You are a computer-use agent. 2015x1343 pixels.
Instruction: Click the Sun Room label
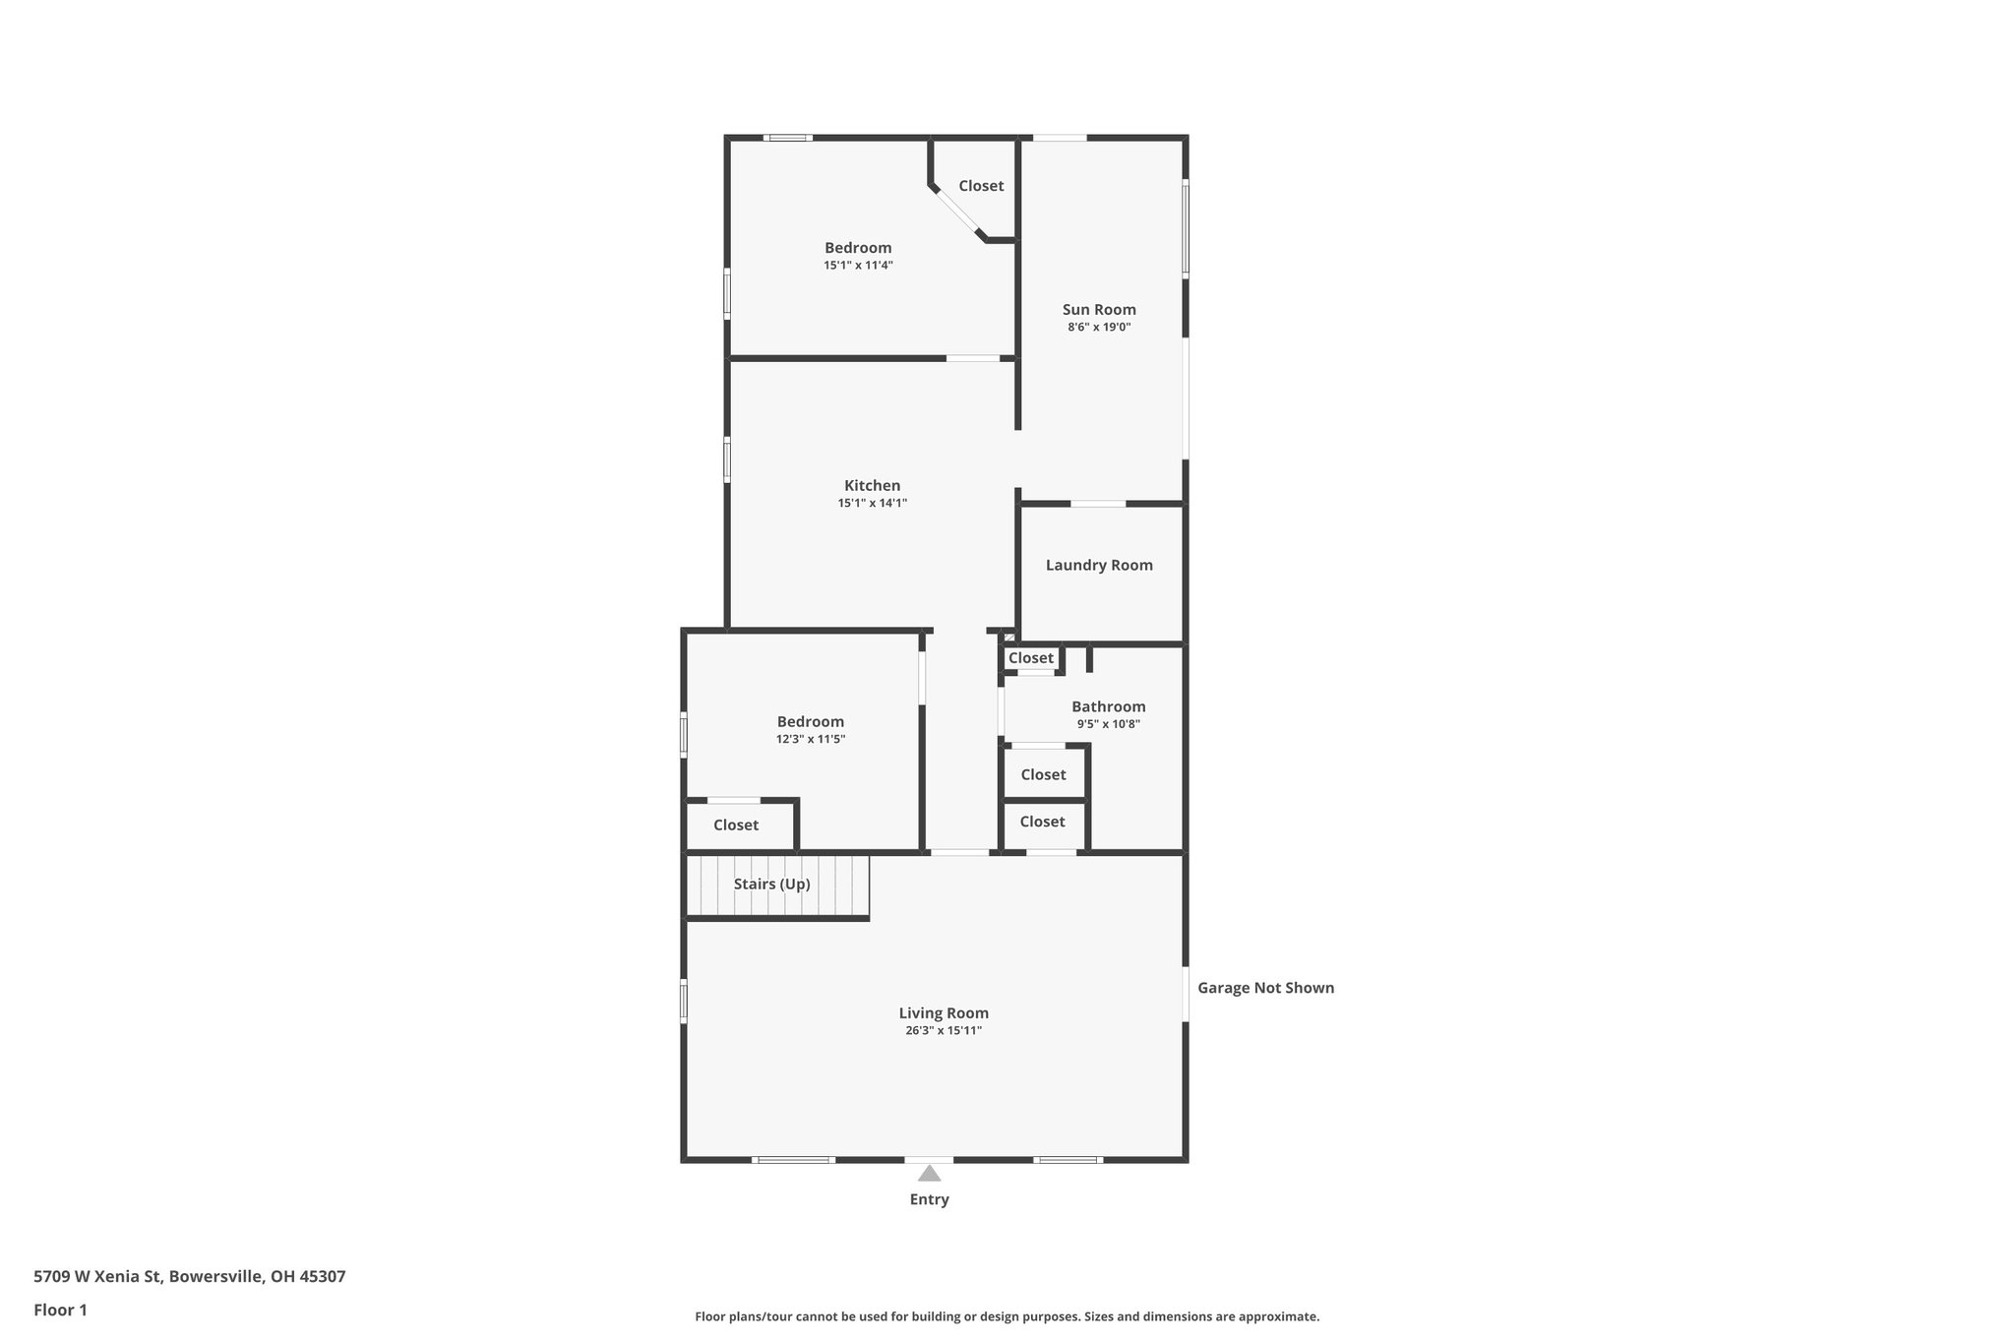tap(1098, 309)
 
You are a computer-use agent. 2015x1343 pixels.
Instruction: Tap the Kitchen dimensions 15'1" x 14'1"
tap(872, 503)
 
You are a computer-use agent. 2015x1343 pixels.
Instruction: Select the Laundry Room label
tap(1098, 565)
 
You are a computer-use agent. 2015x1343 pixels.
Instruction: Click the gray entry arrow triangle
tap(929, 1173)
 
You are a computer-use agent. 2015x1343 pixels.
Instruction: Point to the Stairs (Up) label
tap(771, 884)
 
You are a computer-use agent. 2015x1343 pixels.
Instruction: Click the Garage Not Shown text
tap(1265, 988)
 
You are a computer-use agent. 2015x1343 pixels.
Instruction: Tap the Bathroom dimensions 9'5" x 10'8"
tap(1108, 724)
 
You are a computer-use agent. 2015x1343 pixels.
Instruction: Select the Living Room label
tap(943, 1012)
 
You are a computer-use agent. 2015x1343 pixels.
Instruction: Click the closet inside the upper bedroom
tap(981, 186)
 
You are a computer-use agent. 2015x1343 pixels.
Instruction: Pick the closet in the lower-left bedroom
tap(736, 824)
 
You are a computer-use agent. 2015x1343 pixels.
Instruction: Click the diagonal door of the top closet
tap(955, 212)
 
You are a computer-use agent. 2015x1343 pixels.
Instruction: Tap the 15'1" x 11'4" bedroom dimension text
tap(858, 266)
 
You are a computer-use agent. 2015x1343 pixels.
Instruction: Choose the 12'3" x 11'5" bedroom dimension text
tap(810, 739)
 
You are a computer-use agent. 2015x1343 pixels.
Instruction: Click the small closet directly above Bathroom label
tap(1030, 658)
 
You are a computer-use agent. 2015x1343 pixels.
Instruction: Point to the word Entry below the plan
tap(929, 1199)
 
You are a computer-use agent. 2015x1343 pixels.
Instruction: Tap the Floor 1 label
tap(60, 1310)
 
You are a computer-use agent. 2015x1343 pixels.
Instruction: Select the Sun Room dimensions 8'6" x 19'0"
tap(1098, 327)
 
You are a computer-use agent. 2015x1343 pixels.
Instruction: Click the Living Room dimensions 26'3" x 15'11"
tap(943, 1030)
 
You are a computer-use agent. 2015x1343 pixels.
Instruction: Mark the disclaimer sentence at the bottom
tap(1007, 1316)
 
